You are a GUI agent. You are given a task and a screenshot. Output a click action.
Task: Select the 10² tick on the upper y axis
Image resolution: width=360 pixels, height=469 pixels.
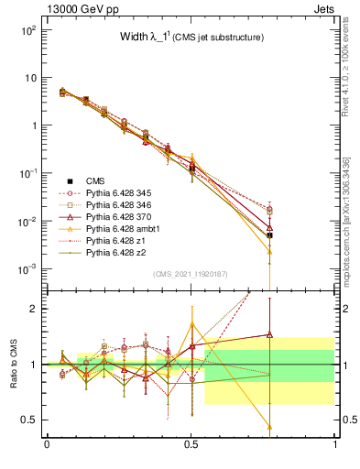pyautogui.click(x=28, y=30)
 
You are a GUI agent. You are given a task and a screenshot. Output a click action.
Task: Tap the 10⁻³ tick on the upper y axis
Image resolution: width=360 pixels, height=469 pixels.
pyautogui.click(x=28, y=269)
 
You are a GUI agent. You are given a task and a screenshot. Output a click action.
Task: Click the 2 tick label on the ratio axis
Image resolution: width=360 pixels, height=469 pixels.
pyautogui.click(x=32, y=309)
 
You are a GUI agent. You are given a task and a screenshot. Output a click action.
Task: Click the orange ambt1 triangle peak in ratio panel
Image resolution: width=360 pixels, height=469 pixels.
pyautogui.click(x=191, y=323)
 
